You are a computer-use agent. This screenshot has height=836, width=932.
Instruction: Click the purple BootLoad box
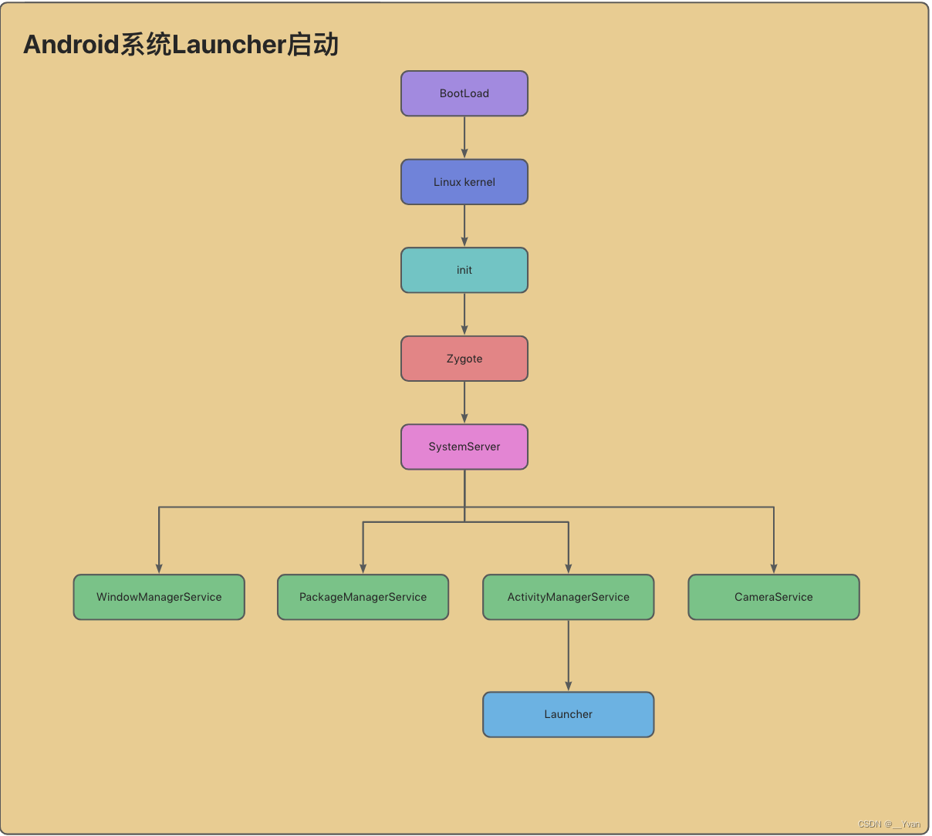click(x=464, y=93)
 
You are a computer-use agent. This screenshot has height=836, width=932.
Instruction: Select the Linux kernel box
click(x=464, y=182)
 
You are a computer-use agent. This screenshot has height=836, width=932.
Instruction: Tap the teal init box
click(x=464, y=270)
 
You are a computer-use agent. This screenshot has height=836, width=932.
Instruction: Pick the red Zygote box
click(x=464, y=359)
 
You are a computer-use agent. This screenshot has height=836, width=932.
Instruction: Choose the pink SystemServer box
click(x=464, y=447)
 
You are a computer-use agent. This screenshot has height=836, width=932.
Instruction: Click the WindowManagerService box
click(x=159, y=597)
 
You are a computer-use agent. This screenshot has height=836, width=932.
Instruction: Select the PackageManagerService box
click(x=363, y=597)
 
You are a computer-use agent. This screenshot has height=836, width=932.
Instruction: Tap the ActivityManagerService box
click(x=568, y=597)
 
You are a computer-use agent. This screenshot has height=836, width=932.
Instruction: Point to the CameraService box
click(x=773, y=597)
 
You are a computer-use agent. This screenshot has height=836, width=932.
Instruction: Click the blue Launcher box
click(x=568, y=714)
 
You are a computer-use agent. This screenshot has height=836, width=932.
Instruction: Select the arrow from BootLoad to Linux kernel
click(x=464, y=137)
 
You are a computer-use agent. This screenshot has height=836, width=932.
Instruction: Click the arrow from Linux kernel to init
click(x=464, y=225)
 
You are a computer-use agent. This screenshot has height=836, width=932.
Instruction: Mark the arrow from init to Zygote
click(x=464, y=314)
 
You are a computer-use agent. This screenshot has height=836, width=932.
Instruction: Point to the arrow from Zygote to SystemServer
click(x=464, y=402)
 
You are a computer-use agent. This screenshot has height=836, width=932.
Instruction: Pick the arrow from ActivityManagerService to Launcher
click(x=569, y=655)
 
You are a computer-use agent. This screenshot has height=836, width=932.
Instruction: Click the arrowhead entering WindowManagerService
click(x=159, y=568)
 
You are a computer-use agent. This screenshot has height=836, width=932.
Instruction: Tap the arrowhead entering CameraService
click(x=774, y=568)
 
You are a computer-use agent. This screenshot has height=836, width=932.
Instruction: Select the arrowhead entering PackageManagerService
click(x=363, y=568)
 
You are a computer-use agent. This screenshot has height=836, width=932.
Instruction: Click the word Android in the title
click(x=71, y=45)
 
